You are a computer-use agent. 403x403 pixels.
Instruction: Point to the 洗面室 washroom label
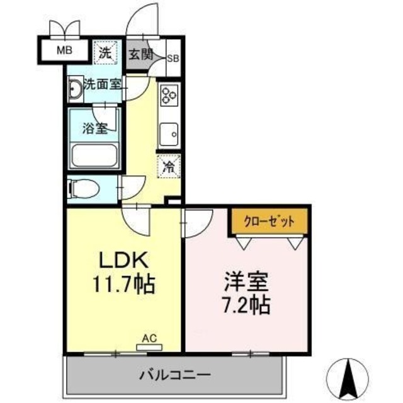point(103,84)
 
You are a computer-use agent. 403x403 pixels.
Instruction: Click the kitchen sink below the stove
point(169,133)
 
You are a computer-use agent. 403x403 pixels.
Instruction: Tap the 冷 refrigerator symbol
point(169,166)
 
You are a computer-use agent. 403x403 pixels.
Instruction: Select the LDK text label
point(123,259)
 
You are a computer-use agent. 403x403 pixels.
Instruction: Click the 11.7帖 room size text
point(124,284)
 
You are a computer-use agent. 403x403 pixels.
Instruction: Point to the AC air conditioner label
point(149,338)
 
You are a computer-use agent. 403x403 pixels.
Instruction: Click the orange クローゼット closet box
point(269,221)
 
